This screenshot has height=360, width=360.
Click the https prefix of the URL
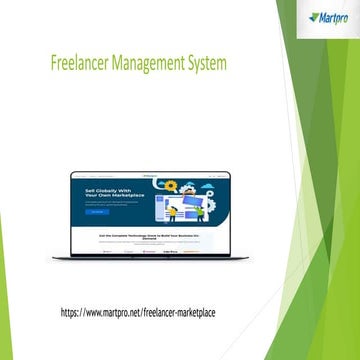pos(72,313)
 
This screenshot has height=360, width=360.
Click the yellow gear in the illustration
pos(171,186)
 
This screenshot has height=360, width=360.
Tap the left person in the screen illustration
pos(172,211)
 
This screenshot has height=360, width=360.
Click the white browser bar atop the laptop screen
pos(149,174)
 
